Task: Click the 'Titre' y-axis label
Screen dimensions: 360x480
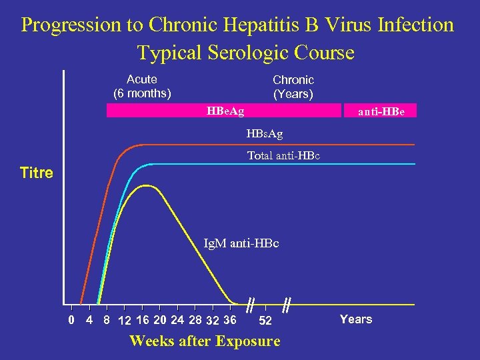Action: tap(37, 173)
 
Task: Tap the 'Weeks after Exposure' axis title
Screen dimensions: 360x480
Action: tap(205, 341)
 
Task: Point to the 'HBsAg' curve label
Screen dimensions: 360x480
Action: tap(265, 135)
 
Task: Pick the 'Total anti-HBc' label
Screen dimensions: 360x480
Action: tap(283, 156)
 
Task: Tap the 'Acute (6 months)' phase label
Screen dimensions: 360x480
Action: tap(142, 86)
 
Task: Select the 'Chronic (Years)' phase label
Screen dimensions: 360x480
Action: tap(293, 87)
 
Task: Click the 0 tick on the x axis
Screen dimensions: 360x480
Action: tap(71, 319)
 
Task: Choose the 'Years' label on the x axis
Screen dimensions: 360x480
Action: tap(356, 319)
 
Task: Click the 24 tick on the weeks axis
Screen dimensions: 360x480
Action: tap(177, 319)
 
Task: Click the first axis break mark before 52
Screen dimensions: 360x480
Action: tap(249, 305)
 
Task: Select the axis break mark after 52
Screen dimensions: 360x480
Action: tap(286, 305)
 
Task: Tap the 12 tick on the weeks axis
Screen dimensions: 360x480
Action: tap(124, 320)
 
